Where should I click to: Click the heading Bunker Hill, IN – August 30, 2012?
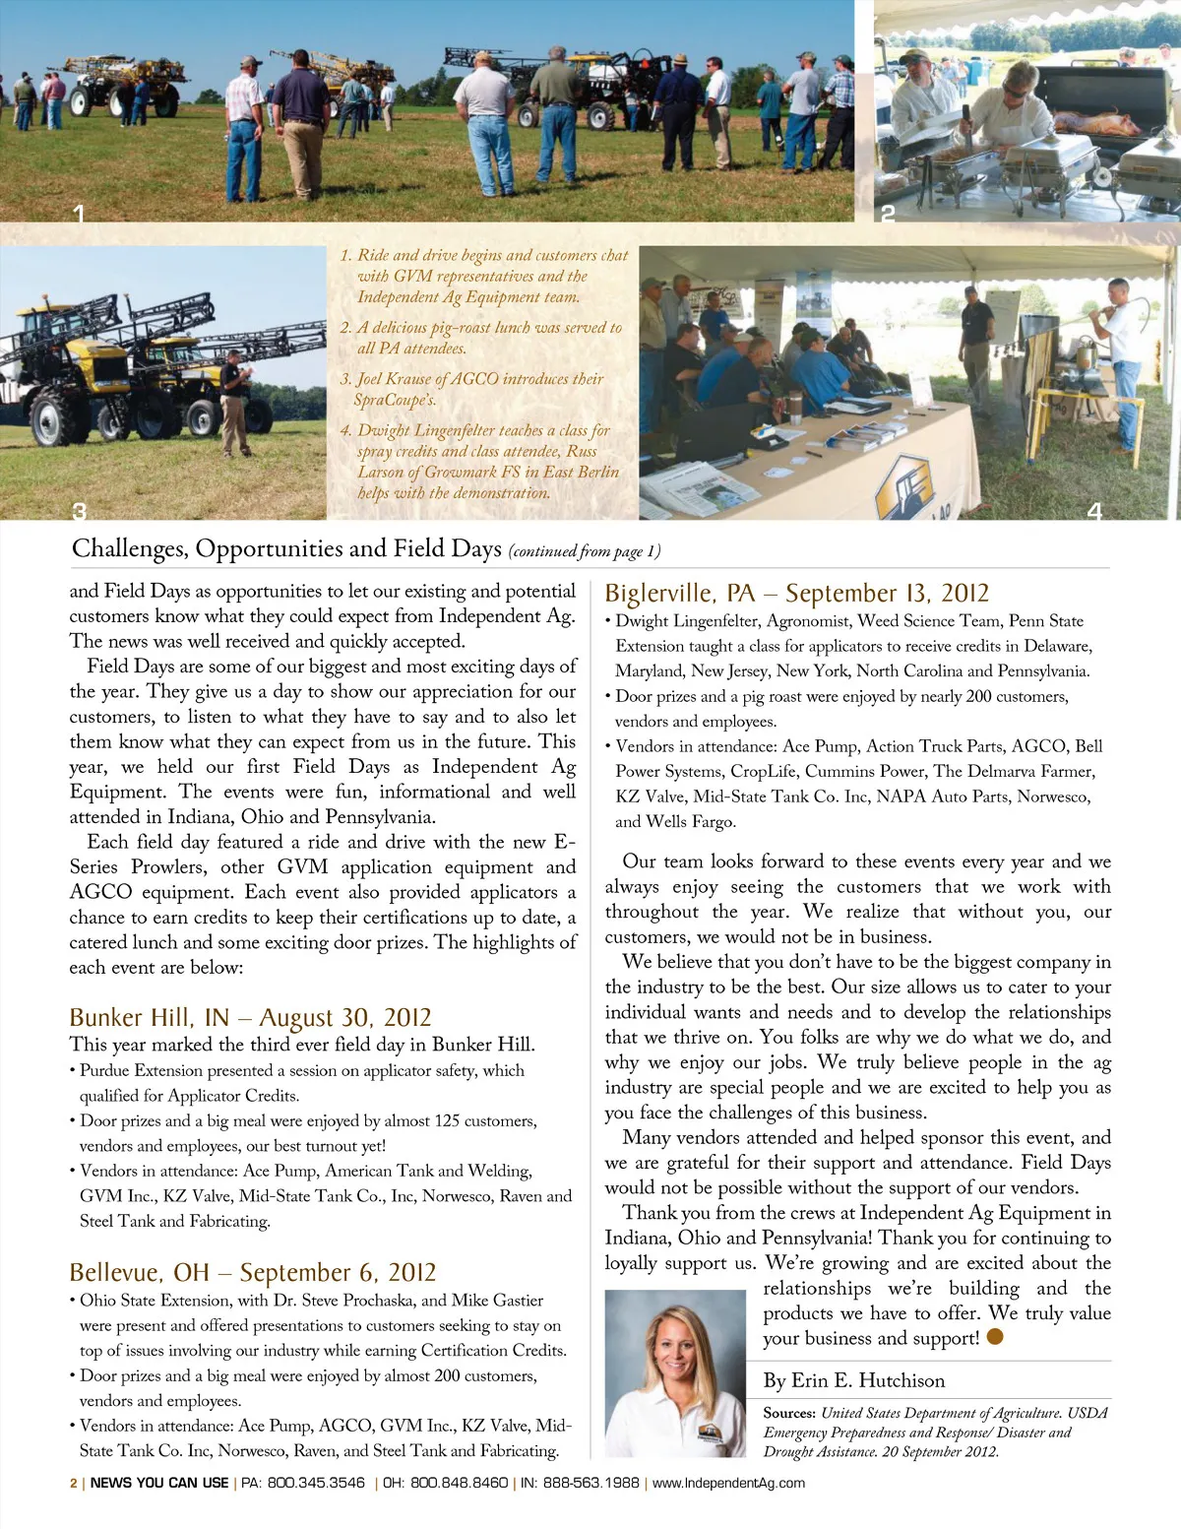pos(250,1017)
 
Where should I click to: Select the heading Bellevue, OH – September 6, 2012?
pos(252,1272)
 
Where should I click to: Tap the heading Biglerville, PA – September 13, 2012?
pos(796,593)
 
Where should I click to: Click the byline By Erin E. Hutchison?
pos(853,1380)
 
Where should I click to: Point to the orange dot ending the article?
pos(995,1337)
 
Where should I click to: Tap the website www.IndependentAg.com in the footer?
pos(728,1483)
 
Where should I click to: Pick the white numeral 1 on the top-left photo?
pos(79,212)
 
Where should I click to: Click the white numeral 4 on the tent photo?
pos(1094,510)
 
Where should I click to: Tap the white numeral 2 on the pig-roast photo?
pos(888,212)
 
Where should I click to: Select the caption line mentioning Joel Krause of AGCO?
pos(479,379)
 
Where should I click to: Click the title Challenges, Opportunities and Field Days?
pos(286,548)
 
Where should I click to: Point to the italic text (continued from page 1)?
pos(585,551)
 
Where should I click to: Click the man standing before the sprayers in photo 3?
pos(234,399)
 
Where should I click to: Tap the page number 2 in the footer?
pos(73,1483)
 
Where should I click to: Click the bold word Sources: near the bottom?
pos(789,1413)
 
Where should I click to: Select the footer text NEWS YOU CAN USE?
pos(159,1483)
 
